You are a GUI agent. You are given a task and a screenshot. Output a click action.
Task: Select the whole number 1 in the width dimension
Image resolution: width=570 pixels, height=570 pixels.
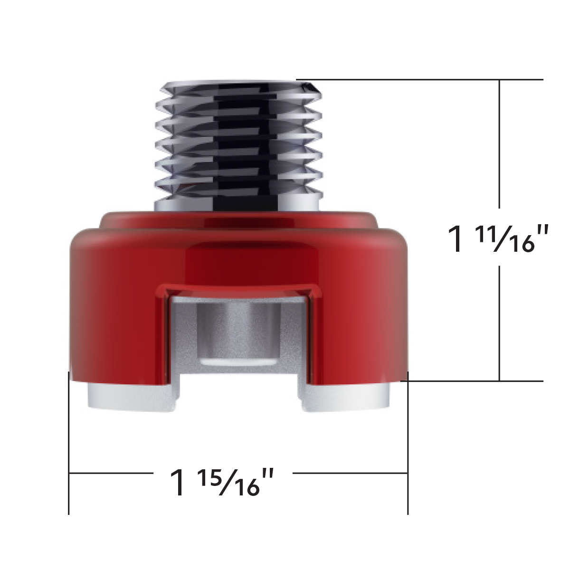pos(179,483)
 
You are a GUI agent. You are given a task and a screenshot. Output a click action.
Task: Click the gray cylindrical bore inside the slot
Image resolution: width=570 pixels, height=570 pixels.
pos(237,332)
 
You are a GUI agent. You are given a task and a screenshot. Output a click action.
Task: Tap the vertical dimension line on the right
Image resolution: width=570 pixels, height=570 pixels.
pos(499,142)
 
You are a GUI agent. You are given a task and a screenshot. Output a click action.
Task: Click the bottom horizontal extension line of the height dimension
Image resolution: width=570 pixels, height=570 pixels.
pos(475,381)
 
